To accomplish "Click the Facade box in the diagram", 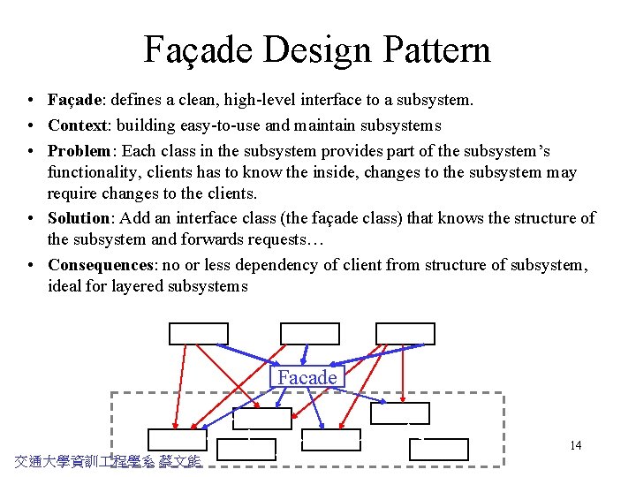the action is [x=307, y=377].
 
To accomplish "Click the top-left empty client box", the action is [x=199, y=334].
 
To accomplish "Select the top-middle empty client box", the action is [x=309, y=334].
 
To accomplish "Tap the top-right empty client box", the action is [x=405, y=334].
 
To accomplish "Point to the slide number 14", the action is [x=575, y=445].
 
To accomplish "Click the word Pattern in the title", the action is [x=433, y=49].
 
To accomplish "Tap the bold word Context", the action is [x=77, y=125].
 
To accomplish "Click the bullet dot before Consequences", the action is [x=30, y=265].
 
